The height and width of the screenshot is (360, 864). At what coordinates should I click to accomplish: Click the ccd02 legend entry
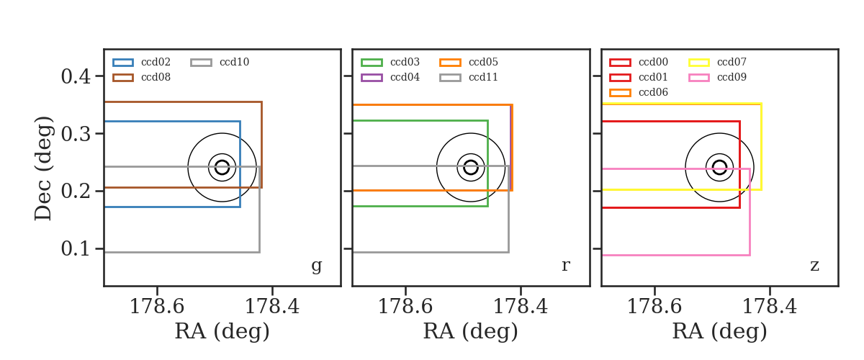point(142,62)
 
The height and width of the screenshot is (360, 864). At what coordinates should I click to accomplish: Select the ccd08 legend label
point(156,77)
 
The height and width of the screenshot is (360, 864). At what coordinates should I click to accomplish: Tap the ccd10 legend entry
point(220,62)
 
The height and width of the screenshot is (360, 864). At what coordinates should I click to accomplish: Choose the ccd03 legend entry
point(390,62)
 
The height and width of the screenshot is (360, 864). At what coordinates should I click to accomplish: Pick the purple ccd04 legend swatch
point(372,78)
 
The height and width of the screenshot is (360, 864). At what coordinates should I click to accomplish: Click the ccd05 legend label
point(483,62)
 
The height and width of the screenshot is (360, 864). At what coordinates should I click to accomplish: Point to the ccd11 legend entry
point(469,77)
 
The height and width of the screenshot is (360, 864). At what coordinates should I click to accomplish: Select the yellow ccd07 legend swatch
point(699,63)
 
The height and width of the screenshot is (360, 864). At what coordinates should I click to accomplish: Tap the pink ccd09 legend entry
point(717,77)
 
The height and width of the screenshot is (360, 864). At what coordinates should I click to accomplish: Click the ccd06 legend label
point(654,92)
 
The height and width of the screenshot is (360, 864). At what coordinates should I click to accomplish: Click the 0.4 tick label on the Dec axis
point(76,76)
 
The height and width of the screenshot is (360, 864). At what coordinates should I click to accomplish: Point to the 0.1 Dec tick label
point(76,248)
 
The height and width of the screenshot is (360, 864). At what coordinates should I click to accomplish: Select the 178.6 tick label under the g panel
point(157,307)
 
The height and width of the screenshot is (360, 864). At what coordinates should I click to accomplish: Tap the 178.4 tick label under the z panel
point(770,307)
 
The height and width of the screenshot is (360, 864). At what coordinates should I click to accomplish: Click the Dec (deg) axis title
point(42,168)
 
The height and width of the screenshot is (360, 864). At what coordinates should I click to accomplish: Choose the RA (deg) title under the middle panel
point(471,332)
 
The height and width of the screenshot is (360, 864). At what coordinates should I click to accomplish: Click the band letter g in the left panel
point(317,266)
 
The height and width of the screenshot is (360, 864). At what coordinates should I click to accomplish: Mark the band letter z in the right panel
point(814,266)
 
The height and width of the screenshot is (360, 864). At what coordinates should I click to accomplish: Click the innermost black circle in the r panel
point(471,161)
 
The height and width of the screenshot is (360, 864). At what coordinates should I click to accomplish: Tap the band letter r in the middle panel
point(566,266)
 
